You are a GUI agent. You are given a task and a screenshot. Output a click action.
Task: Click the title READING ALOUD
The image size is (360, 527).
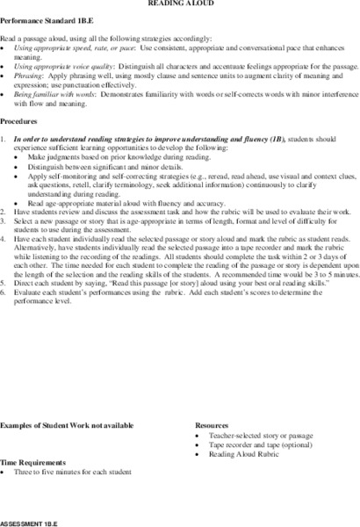[x=179, y=4]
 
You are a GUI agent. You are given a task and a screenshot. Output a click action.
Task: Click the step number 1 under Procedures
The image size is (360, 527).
[x=4, y=139]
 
